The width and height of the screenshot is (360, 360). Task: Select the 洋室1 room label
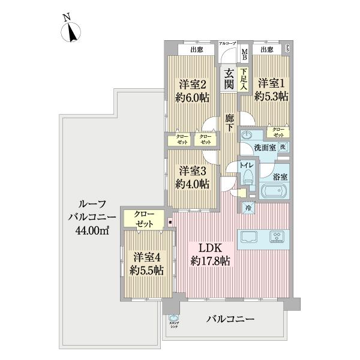pos(271,88)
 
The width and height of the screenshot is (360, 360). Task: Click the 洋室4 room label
pos(146,263)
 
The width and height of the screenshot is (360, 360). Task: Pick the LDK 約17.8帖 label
pos(212,254)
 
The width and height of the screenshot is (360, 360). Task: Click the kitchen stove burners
pos(278,236)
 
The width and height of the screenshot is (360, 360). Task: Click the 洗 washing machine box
pos(283,147)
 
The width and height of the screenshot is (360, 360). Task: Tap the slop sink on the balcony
pos(173,319)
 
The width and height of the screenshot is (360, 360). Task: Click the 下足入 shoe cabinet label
pos(244,80)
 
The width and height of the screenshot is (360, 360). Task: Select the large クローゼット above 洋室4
pos(144,218)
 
